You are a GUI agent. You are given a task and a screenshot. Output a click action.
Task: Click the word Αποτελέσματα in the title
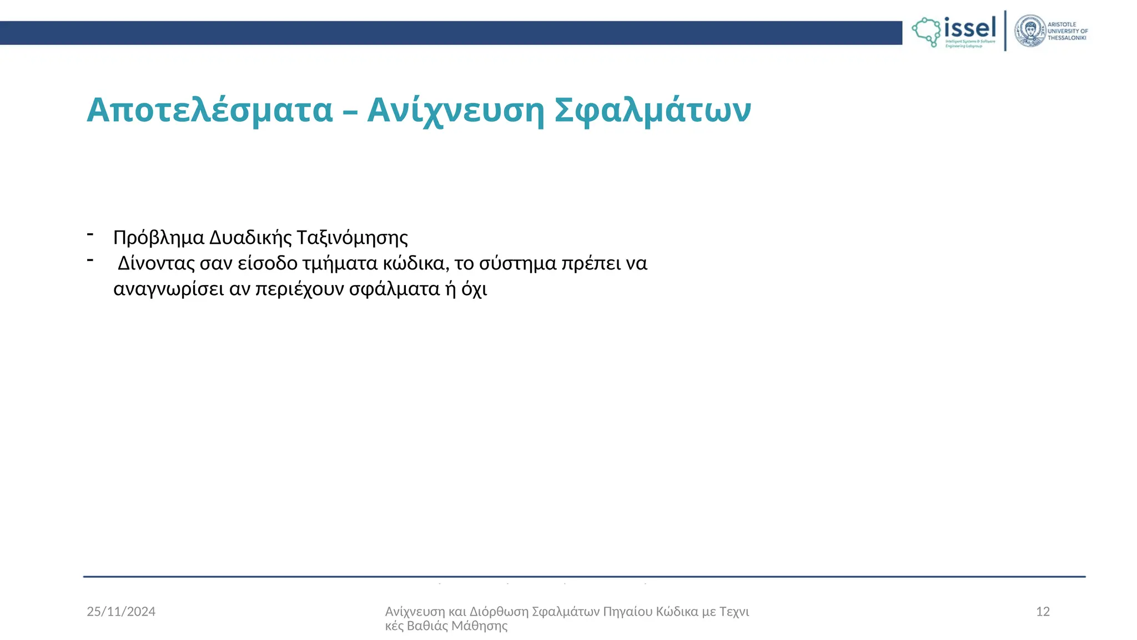tap(209, 110)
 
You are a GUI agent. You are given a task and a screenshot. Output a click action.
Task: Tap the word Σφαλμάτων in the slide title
tap(653, 110)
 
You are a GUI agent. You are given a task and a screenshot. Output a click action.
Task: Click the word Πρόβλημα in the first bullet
tap(159, 238)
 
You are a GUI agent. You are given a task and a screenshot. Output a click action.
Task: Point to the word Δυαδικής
tap(250, 238)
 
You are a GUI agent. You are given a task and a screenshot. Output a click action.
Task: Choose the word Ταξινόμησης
tap(353, 238)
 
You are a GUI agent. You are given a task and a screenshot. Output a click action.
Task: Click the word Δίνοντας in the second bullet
tap(155, 263)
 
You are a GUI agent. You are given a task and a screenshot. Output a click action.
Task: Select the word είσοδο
tap(268, 263)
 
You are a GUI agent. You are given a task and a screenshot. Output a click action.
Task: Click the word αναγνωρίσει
tap(169, 289)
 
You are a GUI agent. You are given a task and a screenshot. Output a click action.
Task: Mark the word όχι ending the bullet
tap(474, 289)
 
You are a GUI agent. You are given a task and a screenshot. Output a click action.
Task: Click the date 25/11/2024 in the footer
tap(121, 612)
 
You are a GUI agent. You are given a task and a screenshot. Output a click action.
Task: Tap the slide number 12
tap(1043, 612)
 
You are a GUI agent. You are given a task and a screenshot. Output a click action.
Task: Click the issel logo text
tap(970, 27)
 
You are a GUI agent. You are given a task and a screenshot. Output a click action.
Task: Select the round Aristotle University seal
tap(1030, 31)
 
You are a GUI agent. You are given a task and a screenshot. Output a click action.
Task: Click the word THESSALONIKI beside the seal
tap(1066, 38)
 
